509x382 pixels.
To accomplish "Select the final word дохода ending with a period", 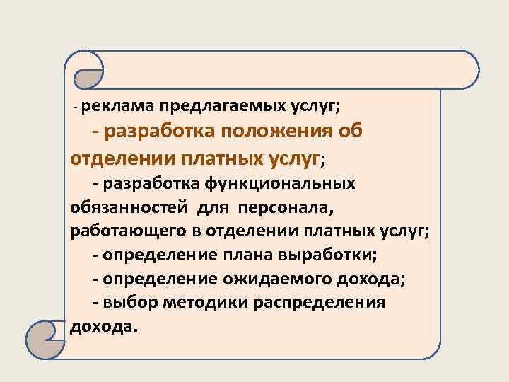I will tap(105, 326).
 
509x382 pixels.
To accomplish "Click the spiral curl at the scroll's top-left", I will tap(86, 71).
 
